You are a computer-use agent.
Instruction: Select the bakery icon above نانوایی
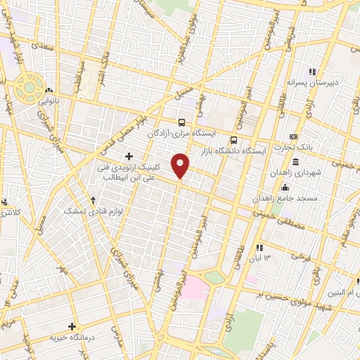49,90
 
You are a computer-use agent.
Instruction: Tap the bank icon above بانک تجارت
293,137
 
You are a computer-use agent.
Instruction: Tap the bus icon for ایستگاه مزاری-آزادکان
182,121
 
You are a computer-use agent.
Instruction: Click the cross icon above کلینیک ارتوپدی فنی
129,155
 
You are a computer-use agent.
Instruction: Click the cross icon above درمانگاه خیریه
72,326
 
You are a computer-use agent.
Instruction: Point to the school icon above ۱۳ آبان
259,247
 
